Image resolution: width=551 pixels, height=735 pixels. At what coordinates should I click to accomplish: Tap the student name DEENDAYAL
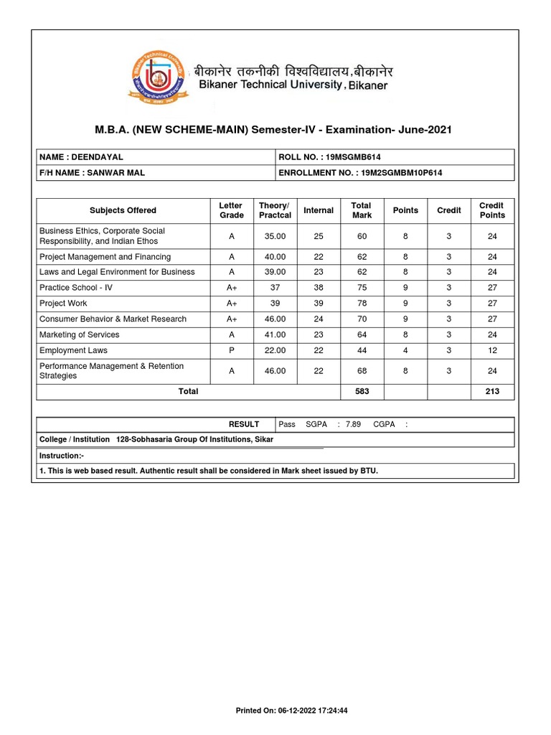[x=96, y=156]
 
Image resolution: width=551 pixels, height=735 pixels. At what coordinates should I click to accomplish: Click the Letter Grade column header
[x=231, y=210]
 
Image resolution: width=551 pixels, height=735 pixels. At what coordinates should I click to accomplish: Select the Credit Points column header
[x=492, y=210]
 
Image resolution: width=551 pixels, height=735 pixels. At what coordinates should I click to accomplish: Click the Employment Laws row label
[x=73, y=350]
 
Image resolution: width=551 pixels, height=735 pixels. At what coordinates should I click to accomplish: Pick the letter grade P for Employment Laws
[x=231, y=350]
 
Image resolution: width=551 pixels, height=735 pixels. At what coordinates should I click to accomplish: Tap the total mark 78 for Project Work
[x=362, y=304]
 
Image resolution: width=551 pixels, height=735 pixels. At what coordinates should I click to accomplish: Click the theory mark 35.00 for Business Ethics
[x=275, y=236]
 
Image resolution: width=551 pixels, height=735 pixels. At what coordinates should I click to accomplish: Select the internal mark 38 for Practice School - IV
[x=319, y=288]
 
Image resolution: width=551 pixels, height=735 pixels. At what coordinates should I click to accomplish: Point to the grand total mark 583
[x=362, y=392]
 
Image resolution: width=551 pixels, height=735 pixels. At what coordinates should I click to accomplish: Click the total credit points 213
[x=492, y=392]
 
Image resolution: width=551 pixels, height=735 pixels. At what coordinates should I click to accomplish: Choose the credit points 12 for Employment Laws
[x=492, y=350]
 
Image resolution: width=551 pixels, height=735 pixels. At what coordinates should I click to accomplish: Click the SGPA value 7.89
[x=353, y=424]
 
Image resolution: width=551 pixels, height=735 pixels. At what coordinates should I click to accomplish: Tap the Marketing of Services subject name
[x=80, y=334]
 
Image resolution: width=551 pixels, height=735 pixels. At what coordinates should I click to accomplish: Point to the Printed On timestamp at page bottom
[x=292, y=711]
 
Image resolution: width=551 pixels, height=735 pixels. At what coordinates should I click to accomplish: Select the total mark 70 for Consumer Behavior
[x=362, y=319]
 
